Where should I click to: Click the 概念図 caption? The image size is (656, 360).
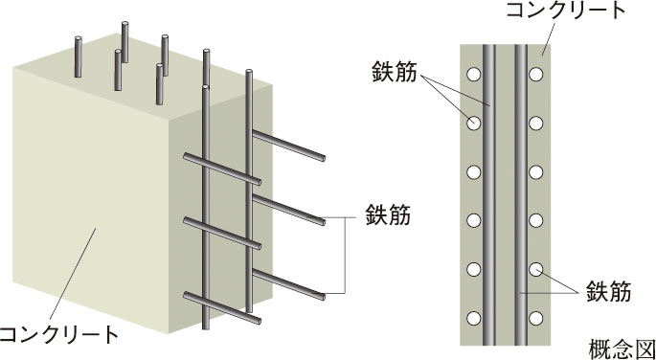[622, 349]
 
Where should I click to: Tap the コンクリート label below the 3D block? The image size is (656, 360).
[58, 335]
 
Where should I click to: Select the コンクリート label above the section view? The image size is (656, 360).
[566, 11]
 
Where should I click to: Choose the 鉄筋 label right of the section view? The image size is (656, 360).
[608, 291]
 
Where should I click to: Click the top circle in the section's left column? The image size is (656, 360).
[474, 75]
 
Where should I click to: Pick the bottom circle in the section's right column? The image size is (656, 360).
[536, 319]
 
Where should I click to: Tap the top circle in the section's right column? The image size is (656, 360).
[536, 75]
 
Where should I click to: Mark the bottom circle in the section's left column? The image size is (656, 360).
[474, 319]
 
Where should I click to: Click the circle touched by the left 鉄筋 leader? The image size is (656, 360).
[474, 124]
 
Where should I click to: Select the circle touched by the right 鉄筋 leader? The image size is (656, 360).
[536, 269]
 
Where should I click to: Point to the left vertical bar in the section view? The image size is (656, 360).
[489, 195]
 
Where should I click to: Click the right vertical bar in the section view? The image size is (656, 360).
[521, 195]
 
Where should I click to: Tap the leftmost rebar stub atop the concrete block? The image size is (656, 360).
[78, 56]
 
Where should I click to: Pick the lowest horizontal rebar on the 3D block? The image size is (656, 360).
[222, 308]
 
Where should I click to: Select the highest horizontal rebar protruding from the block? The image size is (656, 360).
[288, 146]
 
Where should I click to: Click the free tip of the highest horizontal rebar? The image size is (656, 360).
[323, 159]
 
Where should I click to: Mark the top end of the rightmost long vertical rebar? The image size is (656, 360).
[249, 73]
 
